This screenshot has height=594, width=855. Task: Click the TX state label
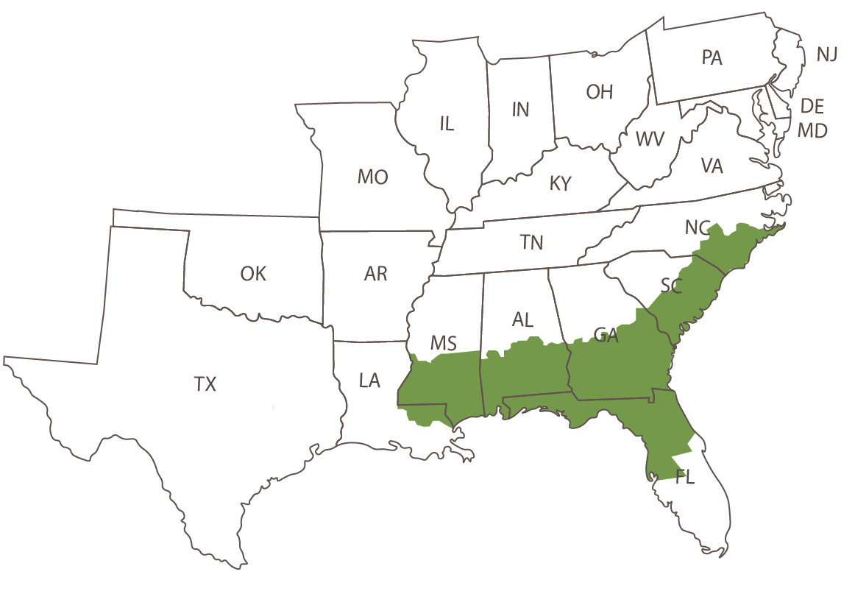pos(205,383)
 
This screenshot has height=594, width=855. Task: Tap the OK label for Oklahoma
pos(253,274)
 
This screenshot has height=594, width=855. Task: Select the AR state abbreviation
pos(375,274)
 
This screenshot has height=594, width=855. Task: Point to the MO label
pos(372,177)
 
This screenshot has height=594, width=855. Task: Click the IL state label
pos(447,124)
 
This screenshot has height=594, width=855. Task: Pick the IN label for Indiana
pos(520,110)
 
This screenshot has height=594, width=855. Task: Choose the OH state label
pos(600,92)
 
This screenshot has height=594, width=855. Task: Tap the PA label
pos(712,57)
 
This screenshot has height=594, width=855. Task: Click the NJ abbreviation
pos(826,54)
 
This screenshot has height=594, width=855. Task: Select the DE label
pos(812,107)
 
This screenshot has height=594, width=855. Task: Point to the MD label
pos(813,131)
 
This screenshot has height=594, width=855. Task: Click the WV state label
pos(650,138)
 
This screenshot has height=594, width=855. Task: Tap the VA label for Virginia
pos(712,166)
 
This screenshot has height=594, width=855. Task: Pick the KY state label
pos(561,183)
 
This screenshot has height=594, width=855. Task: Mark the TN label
pos(531,241)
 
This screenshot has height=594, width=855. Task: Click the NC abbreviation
pos(696,228)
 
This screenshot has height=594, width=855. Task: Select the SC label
pos(671,286)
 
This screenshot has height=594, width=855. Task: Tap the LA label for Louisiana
pos(369,381)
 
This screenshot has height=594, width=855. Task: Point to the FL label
pos(684,478)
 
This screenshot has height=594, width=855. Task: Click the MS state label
pos(444,343)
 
